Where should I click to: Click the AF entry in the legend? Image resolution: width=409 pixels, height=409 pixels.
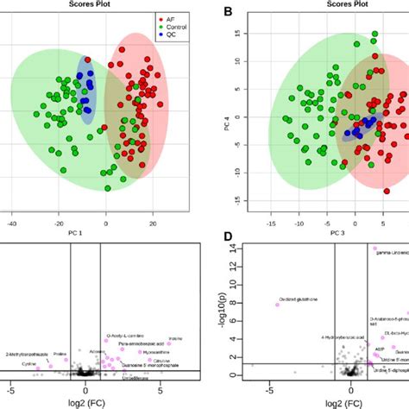tap(170, 16)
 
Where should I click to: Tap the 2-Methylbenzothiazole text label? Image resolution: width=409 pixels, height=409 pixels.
tap(27, 354)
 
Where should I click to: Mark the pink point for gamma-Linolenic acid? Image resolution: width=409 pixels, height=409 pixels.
tap(375, 249)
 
